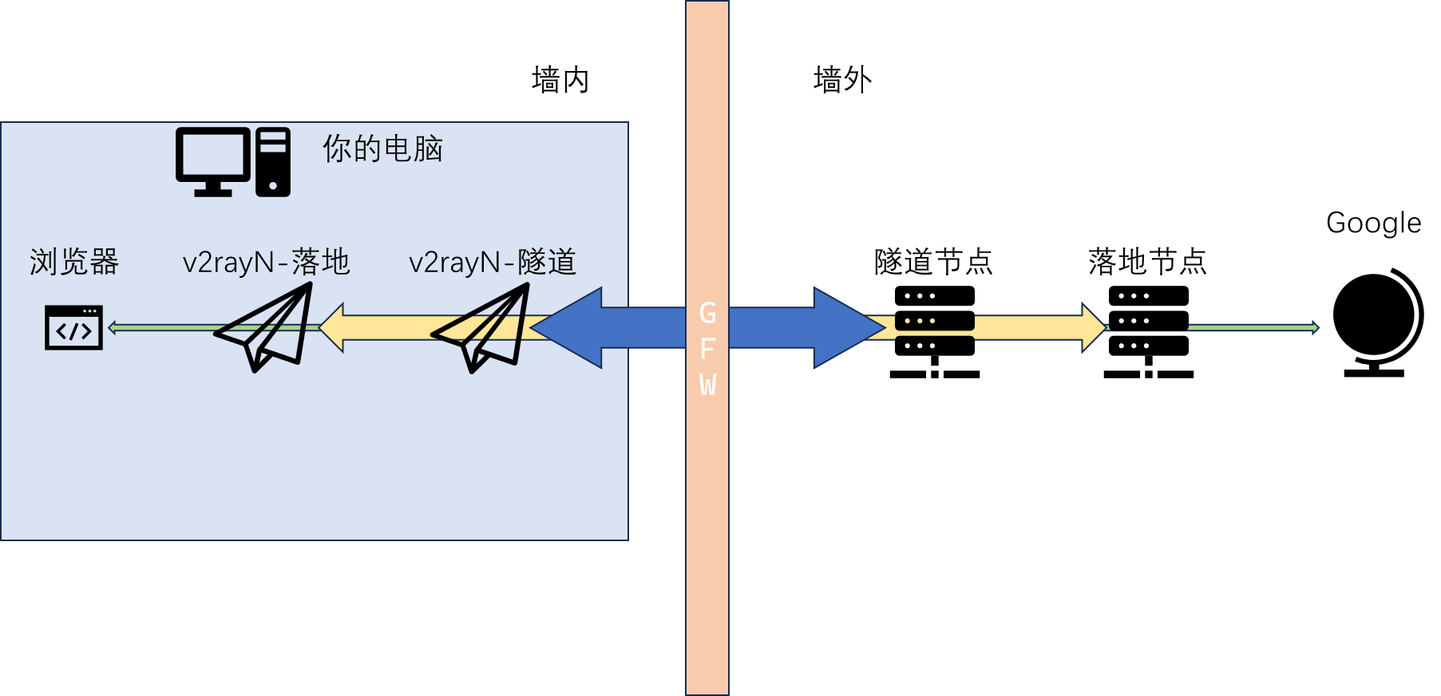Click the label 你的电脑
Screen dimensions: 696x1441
click(382, 148)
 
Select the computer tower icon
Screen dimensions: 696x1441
click(273, 162)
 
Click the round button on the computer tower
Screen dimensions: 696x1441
click(273, 186)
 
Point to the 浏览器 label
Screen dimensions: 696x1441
click(74, 262)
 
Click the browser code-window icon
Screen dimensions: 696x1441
click(73, 327)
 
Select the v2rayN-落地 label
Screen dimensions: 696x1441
click(266, 262)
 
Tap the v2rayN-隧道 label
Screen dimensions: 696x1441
click(492, 262)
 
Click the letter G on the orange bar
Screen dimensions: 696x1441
click(707, 313)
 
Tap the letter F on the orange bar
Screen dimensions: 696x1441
click(707, 349)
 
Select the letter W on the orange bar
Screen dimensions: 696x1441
click(707, 385)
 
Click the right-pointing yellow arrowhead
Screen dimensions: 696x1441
click(1094, 327)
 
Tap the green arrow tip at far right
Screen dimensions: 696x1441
click(1314, 327)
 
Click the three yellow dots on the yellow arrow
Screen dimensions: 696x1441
click(920, 321)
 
